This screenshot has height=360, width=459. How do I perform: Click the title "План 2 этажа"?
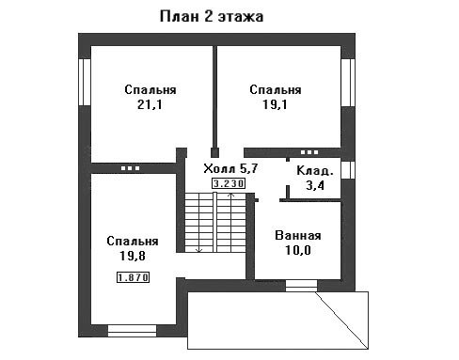[x=212, y=17]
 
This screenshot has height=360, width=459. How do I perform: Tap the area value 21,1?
[x=150, y=104]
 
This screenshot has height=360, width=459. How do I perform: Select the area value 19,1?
[x=275, y=104]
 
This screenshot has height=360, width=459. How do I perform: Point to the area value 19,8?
[x=133, y=256]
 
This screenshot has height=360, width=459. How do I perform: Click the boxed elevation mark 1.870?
[x=133, y=277]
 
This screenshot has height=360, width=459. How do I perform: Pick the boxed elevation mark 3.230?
[x=229, y=183]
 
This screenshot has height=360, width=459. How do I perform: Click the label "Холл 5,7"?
[x=230, y=168]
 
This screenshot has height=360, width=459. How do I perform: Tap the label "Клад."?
[x=314, y=171]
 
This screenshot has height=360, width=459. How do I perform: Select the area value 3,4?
[x=315, y=185]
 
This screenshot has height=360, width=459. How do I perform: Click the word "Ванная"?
[x=298, y=235]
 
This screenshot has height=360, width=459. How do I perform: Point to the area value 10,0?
[x=298, y=250]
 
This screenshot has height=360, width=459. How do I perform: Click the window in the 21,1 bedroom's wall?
[x=85, y=82]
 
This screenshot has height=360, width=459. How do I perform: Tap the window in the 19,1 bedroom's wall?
[x=348, y=83]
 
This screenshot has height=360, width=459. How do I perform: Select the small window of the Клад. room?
[x=348, y=170]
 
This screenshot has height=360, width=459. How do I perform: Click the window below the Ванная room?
[x=301, y=286]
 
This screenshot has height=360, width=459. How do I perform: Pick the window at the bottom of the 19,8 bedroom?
[x=132, y=331]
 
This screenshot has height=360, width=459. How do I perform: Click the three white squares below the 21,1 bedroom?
[x=130, y=168]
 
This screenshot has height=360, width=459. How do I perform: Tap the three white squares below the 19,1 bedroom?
[x=309, y=152]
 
